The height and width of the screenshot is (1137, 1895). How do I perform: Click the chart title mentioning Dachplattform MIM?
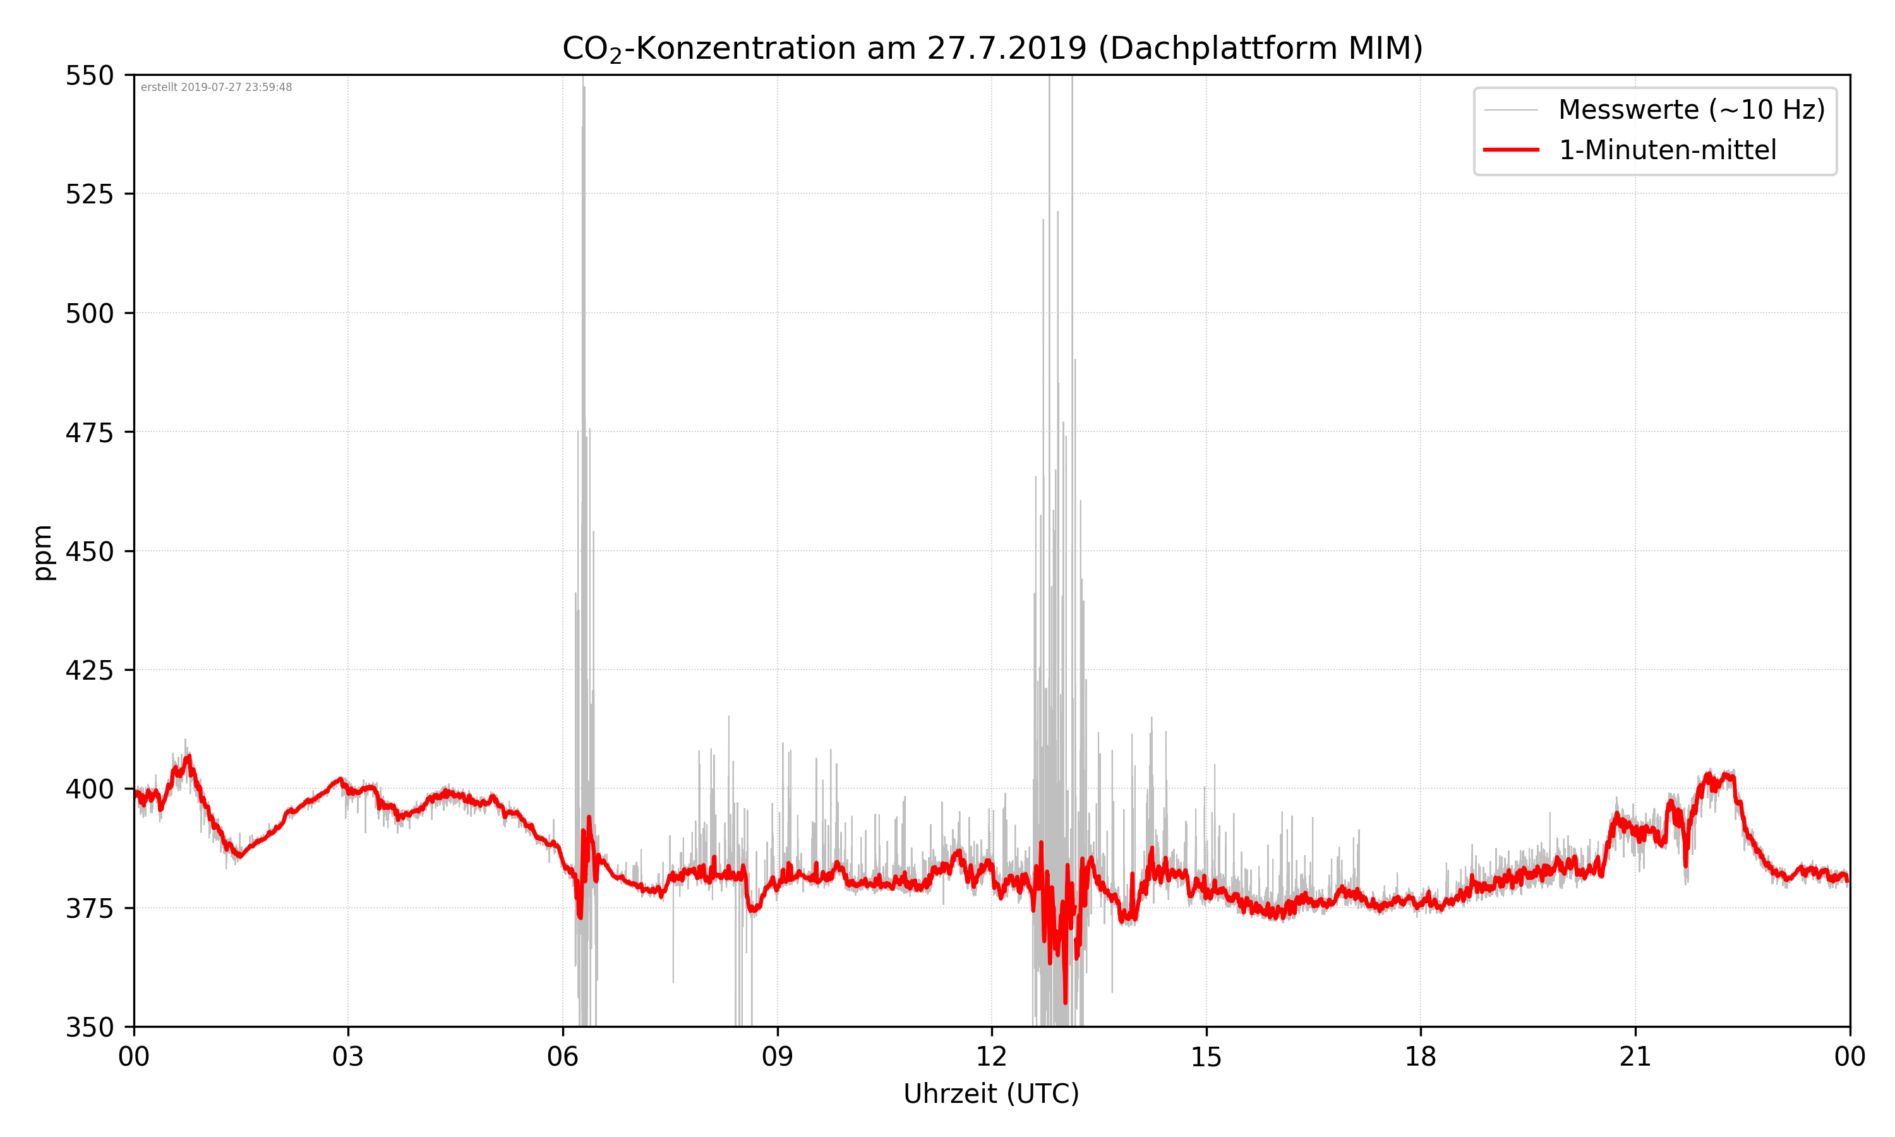[992, 48]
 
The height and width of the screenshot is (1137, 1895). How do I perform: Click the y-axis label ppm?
[43, 553]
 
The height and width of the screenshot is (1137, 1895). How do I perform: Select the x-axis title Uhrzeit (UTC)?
[991, 1093]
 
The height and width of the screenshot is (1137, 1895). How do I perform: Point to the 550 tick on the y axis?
[89, 76]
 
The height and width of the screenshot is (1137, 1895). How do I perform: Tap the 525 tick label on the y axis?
[89, 195]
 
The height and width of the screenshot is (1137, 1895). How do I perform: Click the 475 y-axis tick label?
[89, 433]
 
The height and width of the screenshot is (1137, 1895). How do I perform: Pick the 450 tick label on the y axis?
[89, 551]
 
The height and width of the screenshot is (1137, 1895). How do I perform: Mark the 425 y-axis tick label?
[89, 670]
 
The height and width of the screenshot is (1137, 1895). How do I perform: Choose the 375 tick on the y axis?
[89, 909]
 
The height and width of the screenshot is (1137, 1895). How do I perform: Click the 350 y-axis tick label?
[89, 1028]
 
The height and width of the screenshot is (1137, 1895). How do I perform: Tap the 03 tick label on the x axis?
[348, 1057]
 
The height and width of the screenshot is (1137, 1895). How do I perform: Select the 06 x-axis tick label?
[562, 1057]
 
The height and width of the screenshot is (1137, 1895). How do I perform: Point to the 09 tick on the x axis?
[777, 1057]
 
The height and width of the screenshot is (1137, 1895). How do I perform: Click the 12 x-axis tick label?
[991, 1057]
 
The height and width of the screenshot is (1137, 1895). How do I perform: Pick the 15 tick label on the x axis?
[1206, 1057]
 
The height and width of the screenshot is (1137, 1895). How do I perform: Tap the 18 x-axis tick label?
[1420, 1057]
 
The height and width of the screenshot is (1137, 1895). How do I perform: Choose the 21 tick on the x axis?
[1635, 1057]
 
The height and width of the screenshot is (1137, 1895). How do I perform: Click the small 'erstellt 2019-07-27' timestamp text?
[216, 87]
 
